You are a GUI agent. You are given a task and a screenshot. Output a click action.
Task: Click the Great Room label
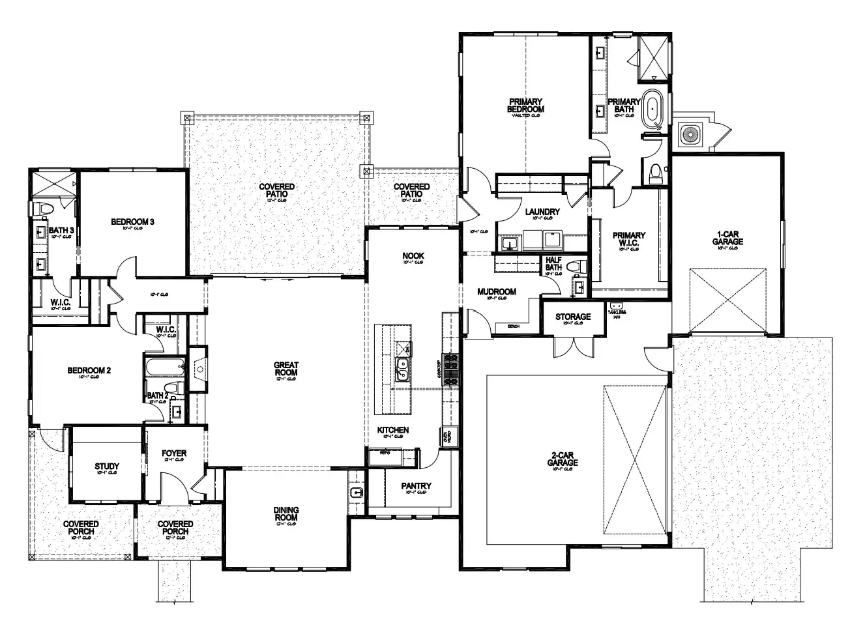[286, 369]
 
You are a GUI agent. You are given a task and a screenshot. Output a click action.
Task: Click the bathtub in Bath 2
[164, 367]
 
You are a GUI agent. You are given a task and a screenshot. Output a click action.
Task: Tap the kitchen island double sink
[403, 369]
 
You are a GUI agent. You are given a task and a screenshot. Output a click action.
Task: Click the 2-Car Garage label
[563, 459]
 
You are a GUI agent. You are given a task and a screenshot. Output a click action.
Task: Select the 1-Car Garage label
[727, 237]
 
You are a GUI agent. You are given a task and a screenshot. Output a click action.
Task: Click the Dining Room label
[286, 514]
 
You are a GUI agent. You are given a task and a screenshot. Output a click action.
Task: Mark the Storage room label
[573, 317]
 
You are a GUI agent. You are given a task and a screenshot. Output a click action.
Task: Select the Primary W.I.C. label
[629, 239]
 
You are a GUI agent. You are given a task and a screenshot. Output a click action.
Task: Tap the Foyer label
[174, 453]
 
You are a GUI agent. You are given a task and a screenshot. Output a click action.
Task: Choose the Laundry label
[542, 212]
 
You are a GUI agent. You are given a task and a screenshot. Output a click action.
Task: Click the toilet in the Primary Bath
[656, 172]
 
